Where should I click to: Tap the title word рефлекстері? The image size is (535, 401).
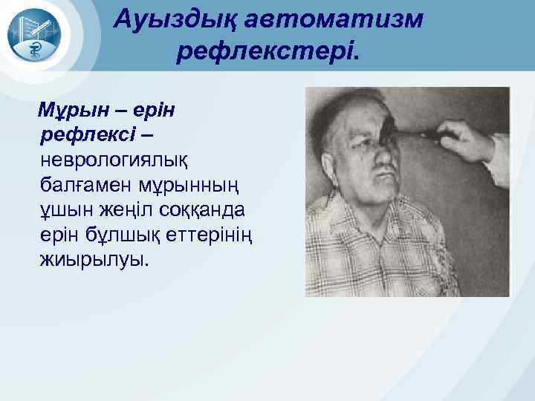pyautogui.click(x=267, y=50)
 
